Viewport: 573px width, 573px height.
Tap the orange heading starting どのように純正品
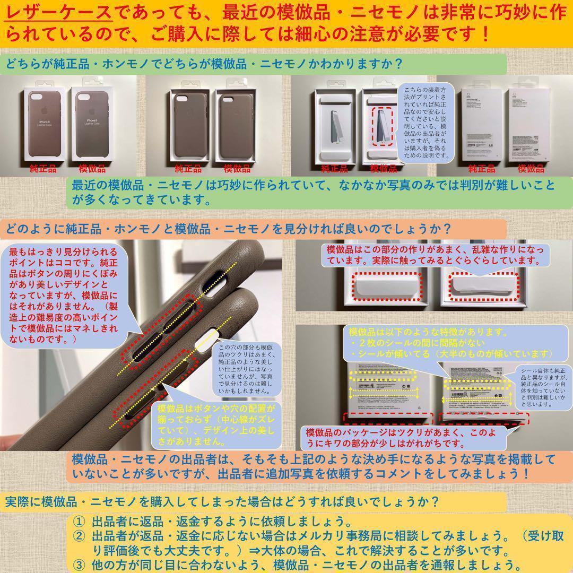click(x=228, y=229)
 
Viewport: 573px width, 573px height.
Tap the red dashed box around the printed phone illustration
click(x=383, y=126)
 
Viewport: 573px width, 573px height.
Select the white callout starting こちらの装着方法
click(x=426, y=121)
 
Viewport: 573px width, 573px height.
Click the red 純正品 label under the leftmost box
click(x=44, y=169)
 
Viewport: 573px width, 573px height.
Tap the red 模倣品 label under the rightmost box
click(x=531, y=169)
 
